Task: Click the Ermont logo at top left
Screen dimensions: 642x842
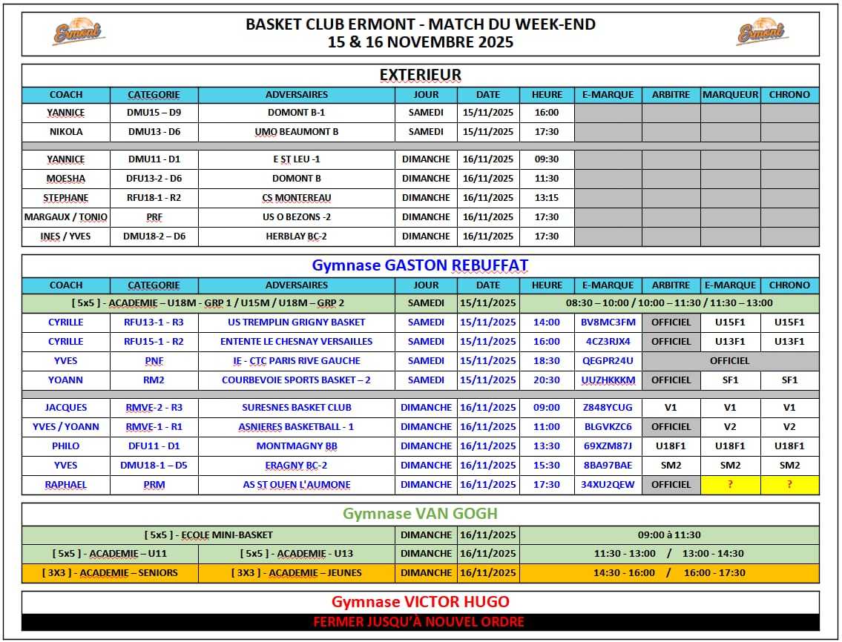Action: [78, 32]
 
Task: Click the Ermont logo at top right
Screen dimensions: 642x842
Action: [762, 32]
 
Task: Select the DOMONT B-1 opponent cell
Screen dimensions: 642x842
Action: [297, 113]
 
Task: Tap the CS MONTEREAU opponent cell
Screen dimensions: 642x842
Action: [297, 198]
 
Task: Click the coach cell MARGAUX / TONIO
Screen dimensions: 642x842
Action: [66, 217]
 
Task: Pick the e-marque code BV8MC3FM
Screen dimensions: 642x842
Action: [608, 322]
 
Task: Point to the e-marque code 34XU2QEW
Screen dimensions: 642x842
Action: [608, 485]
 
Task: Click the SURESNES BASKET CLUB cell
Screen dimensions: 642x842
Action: [297, 408]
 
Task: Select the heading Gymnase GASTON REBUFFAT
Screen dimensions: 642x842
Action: [420, 265]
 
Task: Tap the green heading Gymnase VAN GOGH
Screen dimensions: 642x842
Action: [420, 514]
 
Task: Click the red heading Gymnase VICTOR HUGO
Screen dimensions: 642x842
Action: [420, 602]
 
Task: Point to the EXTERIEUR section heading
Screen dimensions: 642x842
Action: [420, 75]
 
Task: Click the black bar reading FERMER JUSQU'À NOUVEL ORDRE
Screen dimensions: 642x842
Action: [420, 622]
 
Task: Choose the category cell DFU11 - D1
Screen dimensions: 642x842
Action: [154, 446]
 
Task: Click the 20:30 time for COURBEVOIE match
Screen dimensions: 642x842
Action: [547, 380]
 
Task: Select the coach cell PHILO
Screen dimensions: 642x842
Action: [66, 446]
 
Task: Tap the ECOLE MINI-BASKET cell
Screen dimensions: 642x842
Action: [208, 535]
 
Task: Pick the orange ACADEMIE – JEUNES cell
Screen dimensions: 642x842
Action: [297, 573]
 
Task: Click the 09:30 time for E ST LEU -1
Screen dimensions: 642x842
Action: [547, 159]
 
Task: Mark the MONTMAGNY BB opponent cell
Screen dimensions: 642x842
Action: [297, 446]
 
